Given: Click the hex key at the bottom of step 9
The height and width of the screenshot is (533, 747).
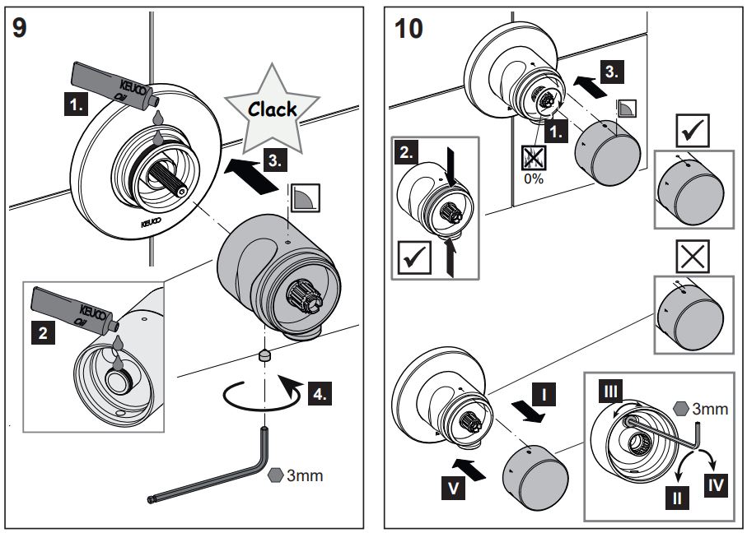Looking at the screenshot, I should click(214, 477).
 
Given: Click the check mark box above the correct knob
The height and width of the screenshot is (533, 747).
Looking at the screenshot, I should click(691, 127).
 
